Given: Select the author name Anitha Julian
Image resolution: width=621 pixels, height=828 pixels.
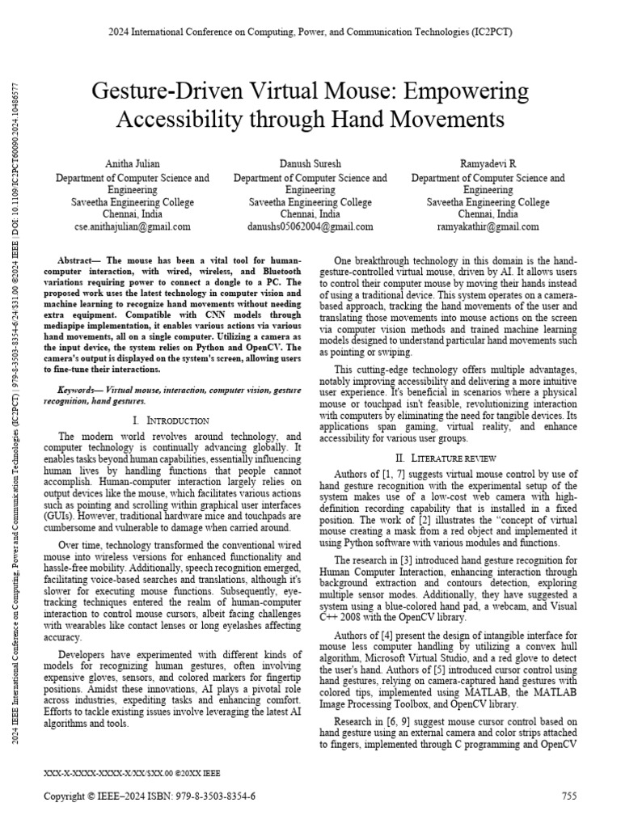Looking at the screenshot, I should point(132,164).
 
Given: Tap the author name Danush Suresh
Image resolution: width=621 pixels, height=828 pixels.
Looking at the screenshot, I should point(310,164).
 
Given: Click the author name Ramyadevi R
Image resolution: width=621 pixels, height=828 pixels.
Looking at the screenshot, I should point(488,164).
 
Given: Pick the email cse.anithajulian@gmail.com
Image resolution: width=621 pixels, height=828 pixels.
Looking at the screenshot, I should point(132,226).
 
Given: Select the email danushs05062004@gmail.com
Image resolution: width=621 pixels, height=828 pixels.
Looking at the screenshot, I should point(310,226).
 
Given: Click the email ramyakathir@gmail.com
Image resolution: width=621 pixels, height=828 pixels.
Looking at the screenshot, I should point(488,226).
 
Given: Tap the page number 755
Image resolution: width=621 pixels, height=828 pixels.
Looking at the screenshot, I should point(569,796).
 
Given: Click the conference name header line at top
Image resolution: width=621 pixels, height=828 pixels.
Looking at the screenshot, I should point(310,32).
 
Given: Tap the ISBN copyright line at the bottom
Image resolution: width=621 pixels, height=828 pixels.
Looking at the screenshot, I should point(150,796).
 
